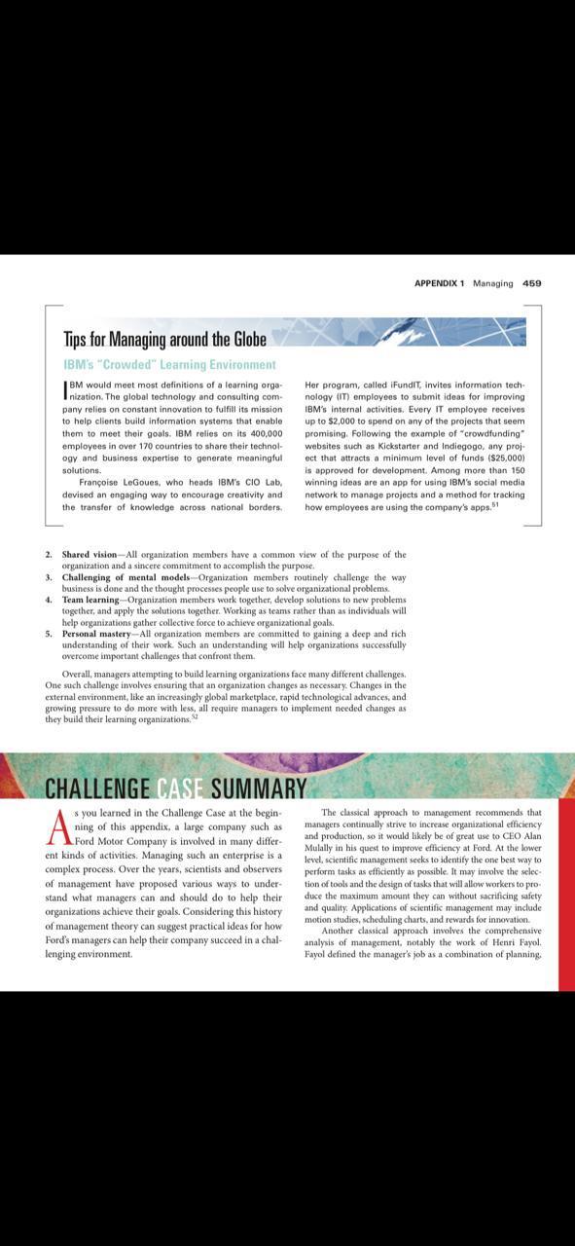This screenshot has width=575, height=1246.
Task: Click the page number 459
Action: pos(531,283)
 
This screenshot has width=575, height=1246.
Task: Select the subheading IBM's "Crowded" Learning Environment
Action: pos(169,365)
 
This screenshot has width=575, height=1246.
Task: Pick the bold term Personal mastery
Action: pos(98,634)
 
